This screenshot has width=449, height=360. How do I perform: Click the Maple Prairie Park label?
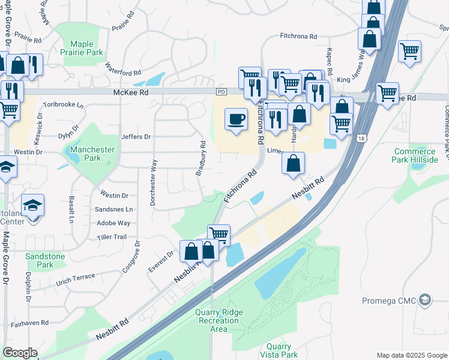pos(82,49)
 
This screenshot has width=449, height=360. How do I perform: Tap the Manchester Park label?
pos(85,154)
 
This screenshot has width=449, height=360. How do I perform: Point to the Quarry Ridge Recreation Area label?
pos(219,320)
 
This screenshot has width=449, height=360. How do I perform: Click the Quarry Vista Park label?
pos(279,350)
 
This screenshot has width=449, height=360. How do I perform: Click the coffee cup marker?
pos(237,118)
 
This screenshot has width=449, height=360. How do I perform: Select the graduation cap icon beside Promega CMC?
pos(425,299)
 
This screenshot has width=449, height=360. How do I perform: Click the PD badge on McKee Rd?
pos(221,92)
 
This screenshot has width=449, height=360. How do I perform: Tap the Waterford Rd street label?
pos(123,69)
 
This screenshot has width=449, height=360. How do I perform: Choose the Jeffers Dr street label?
pos(136,137)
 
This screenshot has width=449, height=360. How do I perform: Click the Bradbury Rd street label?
pos(201,158)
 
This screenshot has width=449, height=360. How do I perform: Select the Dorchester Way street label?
pos(154,182)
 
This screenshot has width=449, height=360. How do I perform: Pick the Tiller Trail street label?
pos(112,237)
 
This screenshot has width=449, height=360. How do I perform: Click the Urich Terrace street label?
pos(75,280)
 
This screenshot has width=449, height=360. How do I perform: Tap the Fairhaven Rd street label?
pos(29,323)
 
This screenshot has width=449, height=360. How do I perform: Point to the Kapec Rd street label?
pos(330,59)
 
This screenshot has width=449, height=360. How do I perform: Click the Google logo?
pos(20,353)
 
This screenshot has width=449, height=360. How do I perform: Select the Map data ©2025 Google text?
pos(412,355)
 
